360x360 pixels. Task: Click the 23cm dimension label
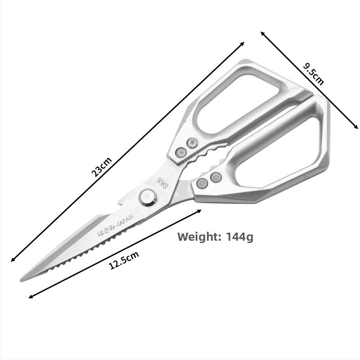[x=102, y=167]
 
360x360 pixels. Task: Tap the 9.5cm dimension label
[x=313, y=74]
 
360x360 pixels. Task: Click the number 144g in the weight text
[x=240, y=237]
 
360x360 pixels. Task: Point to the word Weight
[x=199, y=237]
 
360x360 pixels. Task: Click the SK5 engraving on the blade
[x=162, y=183]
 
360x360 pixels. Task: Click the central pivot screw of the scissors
[x=149, y=197]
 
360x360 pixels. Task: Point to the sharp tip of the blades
[x=21, y=281]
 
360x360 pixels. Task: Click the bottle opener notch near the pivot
[x=121, y=203]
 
